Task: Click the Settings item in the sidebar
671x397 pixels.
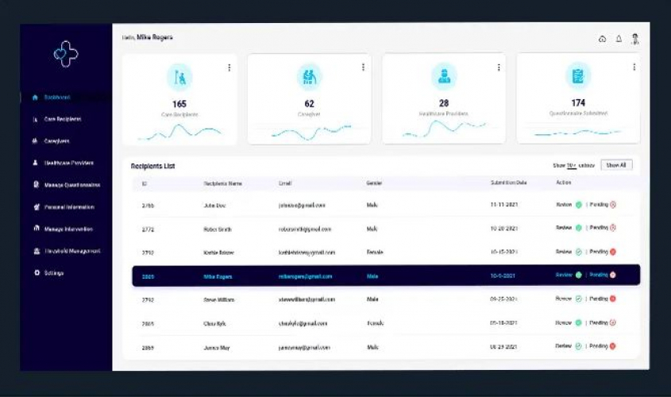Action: pos(54,273)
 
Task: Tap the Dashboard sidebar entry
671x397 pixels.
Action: pos(57,98)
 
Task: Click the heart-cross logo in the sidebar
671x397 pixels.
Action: pos(65,53)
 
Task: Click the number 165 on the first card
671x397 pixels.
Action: pos(179,104)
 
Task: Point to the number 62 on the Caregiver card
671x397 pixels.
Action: pos(309,104)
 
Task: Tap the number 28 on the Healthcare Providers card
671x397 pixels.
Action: pos(444,103)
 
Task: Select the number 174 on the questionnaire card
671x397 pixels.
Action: pos(578,103)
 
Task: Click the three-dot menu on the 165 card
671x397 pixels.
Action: pos(229,67)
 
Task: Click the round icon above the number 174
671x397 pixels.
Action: pos(578,76)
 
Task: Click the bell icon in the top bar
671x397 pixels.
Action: pos(619,39)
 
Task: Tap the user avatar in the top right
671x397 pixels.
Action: pos(635,38)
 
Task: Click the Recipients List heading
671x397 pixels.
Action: pos(152,166)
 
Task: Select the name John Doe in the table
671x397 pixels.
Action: pos(215,205)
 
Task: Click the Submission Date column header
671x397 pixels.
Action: pos(508,183)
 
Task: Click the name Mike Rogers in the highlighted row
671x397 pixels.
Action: pos(218,276)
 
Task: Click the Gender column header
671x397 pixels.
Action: pos(375,183)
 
